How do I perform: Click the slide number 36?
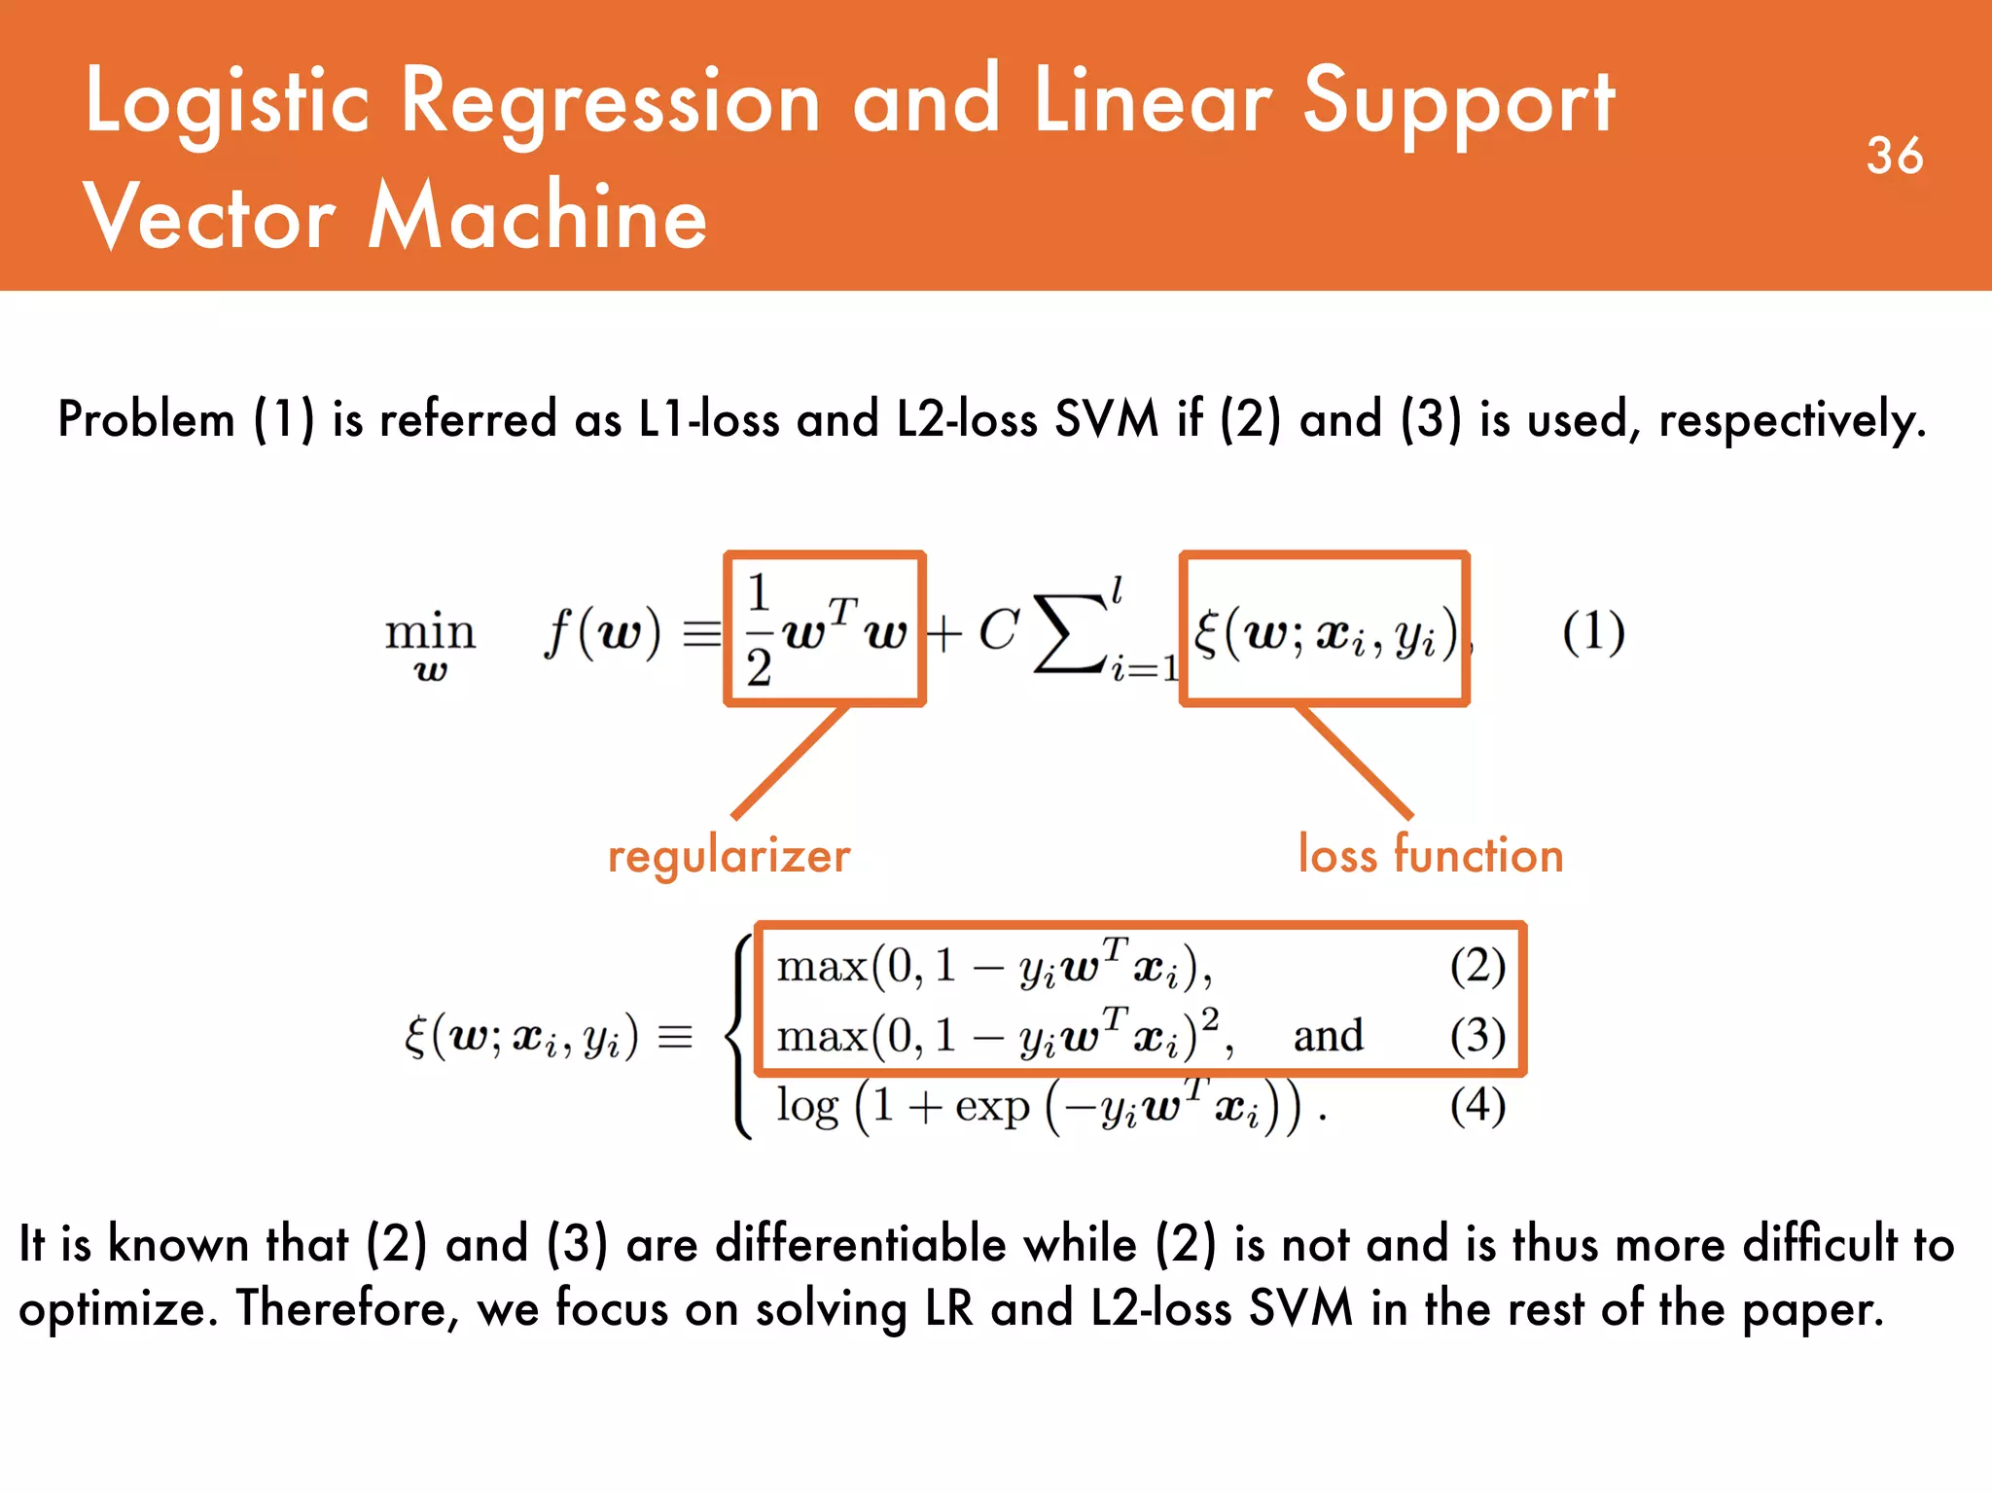coord(1894,156)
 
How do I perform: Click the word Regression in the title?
coord(611,102)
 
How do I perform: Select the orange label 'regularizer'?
coord(729,856)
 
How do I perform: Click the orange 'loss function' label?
coord(1431,856)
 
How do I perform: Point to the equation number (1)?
coord(1593,632)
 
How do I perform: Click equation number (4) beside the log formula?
coord(1477,1105)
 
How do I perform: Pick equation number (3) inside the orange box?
coord(1477,1035)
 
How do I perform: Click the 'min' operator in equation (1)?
coord(430,632)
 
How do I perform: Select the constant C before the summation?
coord(999,630)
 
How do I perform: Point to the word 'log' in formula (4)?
coord(807,1107)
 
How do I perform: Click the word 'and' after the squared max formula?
coord(1328,1035)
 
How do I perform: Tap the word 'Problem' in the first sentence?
coord(146,420)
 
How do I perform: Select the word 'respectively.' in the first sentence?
coord(1792,420)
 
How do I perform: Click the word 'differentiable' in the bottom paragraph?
coord(925,1245)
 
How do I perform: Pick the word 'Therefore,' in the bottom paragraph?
coord(347,1308)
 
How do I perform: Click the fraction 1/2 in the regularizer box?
coord(759,630)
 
